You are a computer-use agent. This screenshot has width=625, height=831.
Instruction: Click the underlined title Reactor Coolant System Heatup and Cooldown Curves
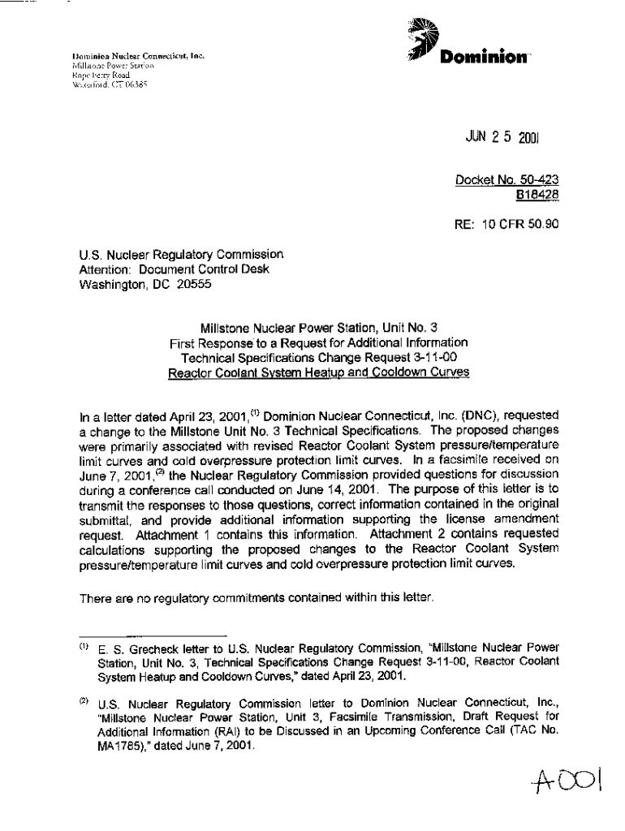(318, 372)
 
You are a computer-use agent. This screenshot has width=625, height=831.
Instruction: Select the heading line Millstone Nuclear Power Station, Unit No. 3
(318, 329)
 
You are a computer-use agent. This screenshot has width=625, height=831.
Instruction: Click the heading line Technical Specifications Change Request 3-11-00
(318, 358)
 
